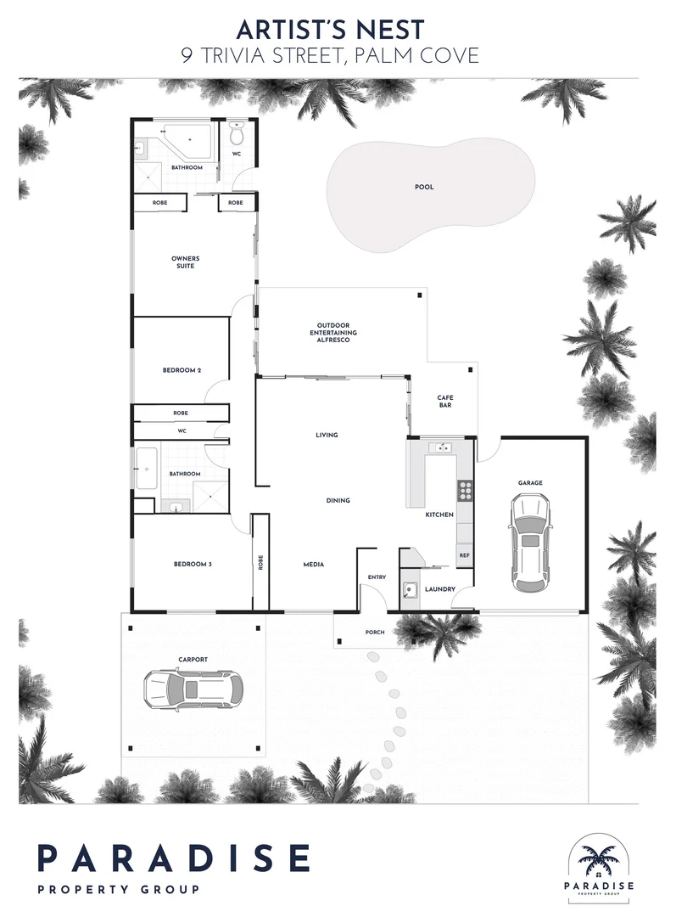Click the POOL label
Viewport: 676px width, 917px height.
pos(424,187)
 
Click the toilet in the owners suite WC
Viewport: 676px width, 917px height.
pos(237,134)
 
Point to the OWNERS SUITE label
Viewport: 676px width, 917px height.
pos(185,262)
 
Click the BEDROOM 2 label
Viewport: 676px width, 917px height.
pos(182,370)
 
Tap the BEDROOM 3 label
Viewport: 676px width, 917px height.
pos(193,565)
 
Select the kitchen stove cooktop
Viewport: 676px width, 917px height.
pos(466,490)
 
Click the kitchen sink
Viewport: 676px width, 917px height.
pos(441,448)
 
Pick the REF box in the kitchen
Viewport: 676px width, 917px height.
pos(465,555)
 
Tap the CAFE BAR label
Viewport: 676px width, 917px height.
pos(445,401)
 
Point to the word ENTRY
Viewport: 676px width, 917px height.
pos(377,577)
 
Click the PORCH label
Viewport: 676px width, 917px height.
pos(375,633)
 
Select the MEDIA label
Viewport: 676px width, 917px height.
pos(314,565)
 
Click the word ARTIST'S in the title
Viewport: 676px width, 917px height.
pos(287,29)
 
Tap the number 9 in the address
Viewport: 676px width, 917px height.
pos(187,55)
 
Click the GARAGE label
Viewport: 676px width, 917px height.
pos(530,483)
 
